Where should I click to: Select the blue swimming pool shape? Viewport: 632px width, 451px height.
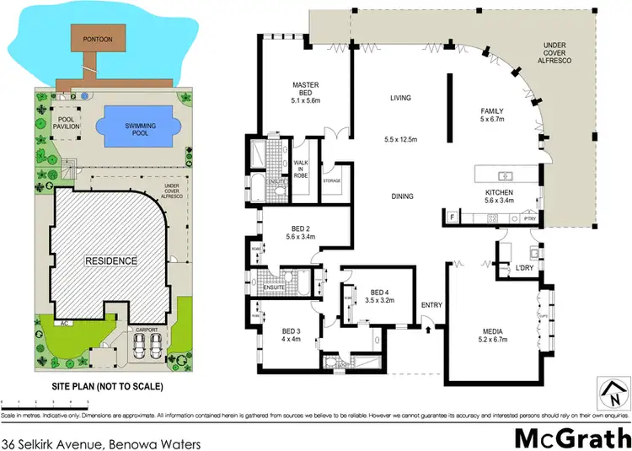140,126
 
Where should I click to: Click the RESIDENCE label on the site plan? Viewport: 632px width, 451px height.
110,261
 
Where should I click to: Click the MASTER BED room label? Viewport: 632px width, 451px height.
303,90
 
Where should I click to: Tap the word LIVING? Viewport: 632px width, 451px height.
400,98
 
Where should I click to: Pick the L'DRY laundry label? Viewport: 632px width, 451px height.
526,268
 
